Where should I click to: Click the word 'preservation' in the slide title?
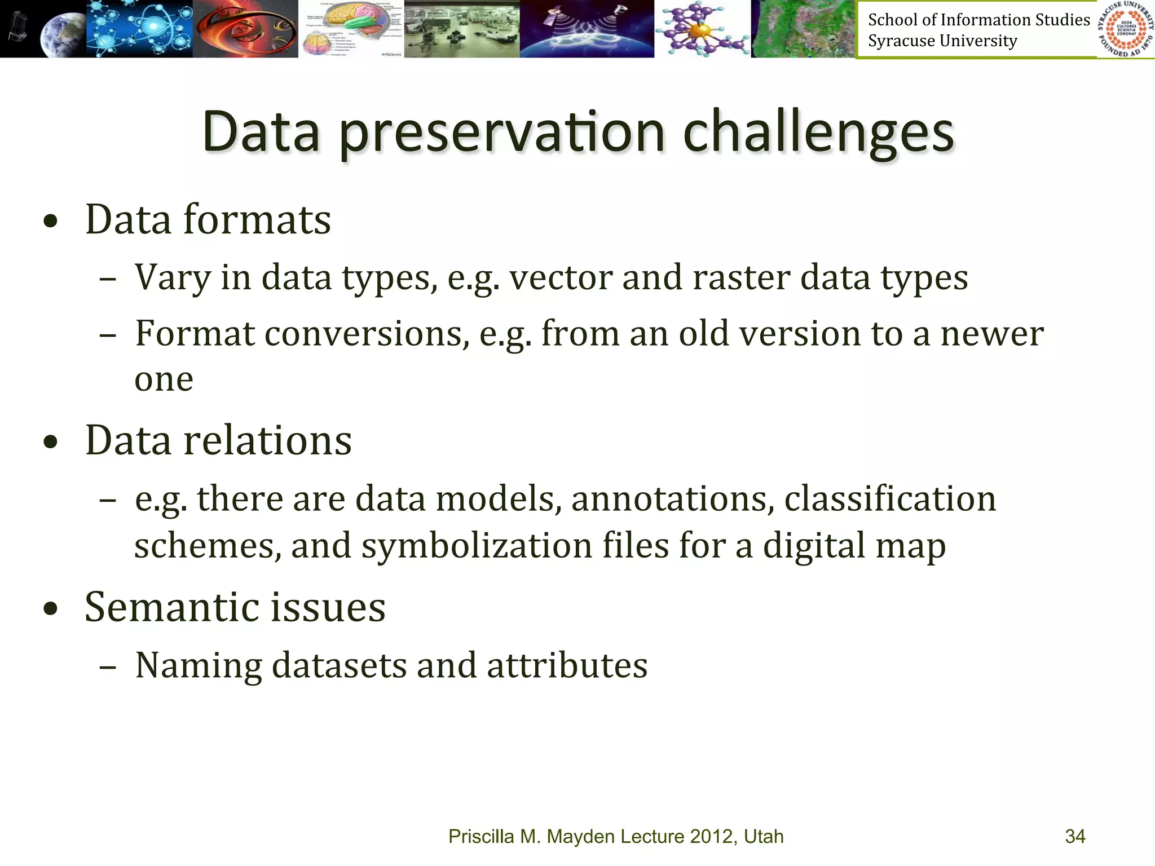[x=502, y=134]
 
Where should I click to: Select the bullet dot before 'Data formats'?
[x=51, y=221]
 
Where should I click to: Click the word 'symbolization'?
[x=477, y=546]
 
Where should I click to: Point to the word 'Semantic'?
[x=171, y=607]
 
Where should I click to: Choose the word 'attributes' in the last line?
[x=567, y=666]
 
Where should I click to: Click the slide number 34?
[x=1075, y=836]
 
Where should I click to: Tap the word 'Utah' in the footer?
[x=764, y=836]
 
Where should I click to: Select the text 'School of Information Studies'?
[x=978, y=20]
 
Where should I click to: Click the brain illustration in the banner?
[x=351, y=28]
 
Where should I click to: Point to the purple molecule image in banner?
[x=702, y=28]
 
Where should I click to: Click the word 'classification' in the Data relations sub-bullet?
[x=890, y=500]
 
